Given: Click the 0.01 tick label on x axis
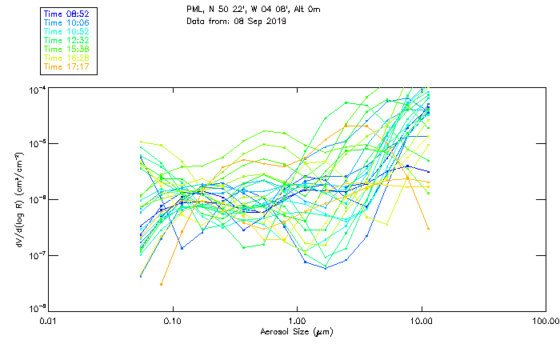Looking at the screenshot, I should pos(49,321).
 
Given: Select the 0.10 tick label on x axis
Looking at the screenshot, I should pos(173,321).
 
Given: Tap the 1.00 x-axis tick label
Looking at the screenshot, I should pos(297,321).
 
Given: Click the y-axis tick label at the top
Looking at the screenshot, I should pos(36,88).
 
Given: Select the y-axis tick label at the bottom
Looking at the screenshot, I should pos(36,308).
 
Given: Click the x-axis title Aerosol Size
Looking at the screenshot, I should pos(296,330).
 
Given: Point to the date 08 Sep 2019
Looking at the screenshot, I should pos(260,20).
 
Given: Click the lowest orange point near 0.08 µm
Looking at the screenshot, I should pos(161,284).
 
